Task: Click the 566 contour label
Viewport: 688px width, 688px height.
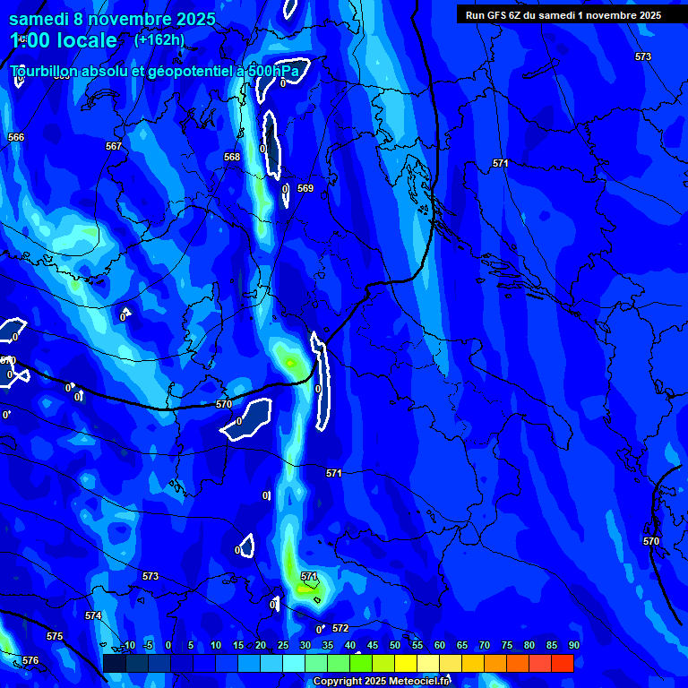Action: point(16,137)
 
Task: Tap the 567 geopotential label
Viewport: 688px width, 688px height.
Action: point(114,146)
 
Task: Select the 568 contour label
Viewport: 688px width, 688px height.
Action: point(232,157)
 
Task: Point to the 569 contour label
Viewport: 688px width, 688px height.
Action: point(305,188)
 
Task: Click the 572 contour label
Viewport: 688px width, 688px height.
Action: point(340,628)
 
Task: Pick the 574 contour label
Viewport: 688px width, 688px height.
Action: point(93,615)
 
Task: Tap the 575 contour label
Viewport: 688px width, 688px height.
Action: point(55,636)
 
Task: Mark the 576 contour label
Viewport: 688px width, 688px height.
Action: point(30,660)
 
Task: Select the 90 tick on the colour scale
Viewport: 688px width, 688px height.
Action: point(573,645)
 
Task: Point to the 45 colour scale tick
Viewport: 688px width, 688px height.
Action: point(372,645)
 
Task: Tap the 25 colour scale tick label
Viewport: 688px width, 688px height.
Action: point(282,645)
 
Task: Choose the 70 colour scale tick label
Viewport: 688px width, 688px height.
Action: point(484,645)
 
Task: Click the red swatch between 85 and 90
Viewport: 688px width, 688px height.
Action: point(563,663)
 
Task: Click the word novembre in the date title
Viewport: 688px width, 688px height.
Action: point(132,19)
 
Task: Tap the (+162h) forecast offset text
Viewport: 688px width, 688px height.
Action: point(159,39)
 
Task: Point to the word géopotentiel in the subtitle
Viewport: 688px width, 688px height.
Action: point(188,70)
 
